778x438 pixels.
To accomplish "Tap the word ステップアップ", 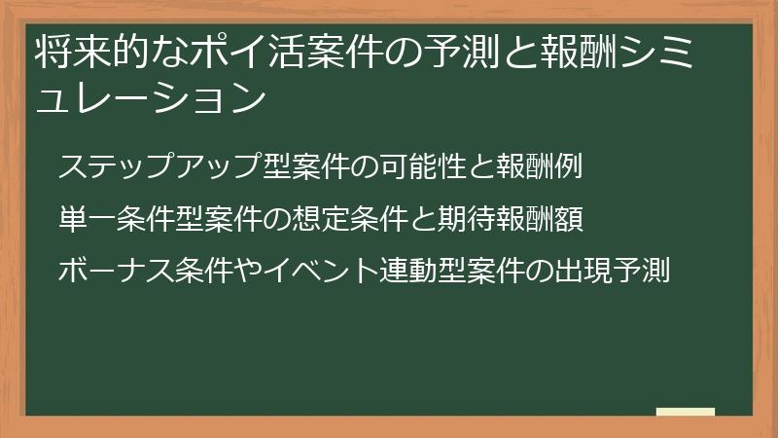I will pos(160,168).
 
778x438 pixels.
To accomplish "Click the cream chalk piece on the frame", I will pos(685,413).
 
